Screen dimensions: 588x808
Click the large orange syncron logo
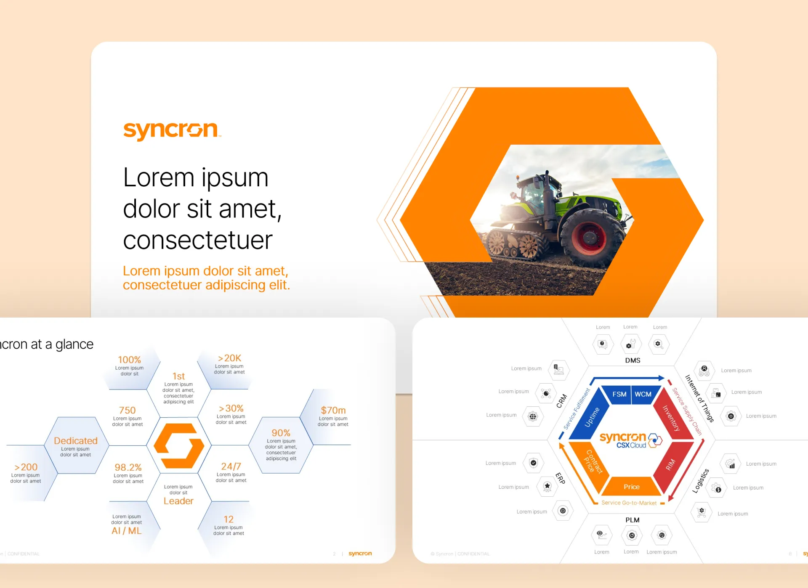tap(170, 130)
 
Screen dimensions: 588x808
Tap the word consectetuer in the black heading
tap(198, 240)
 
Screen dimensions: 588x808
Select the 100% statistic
tap(129, 360)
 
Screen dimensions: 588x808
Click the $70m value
tap(333, 410)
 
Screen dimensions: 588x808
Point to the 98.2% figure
tap(128, 467)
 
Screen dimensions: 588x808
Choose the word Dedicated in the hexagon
tap(76, 440)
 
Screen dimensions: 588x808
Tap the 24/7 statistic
tap(231, 466)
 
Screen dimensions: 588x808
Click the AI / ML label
tap(127, 531)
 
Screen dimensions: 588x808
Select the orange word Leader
tap(178, 501)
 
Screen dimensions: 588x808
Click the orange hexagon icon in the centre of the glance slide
tap(179, 446)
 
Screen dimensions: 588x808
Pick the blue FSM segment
tap(619, 394)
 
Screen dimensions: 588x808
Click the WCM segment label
tap(643, 394)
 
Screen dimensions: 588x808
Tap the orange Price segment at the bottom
tap(631, 487)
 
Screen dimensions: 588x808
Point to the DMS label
tap(633, 360)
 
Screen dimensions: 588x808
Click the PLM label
tap(632, 520)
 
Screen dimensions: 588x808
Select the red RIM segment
tap(670, 465)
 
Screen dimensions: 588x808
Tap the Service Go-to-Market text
tap(629, 503)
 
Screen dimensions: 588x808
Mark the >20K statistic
tap(229, 358)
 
